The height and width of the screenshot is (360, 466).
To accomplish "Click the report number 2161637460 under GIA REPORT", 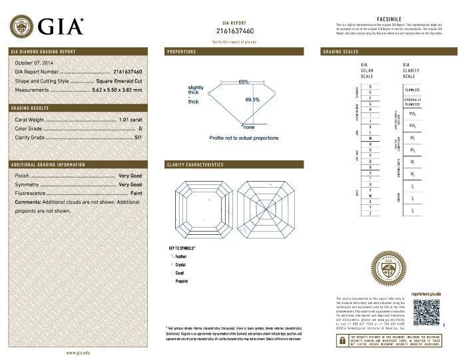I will click(x=235, y=31).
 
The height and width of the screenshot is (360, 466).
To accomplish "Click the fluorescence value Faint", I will click(x=135, y=192).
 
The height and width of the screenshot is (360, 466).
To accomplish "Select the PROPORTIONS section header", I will click(x=181, y=51).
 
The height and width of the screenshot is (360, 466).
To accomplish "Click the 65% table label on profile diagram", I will click(x=244, y=82).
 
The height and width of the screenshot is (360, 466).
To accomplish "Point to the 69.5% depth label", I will click(x=252, y=100).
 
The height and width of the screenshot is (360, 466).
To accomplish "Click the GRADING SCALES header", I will click(x=340, y=51).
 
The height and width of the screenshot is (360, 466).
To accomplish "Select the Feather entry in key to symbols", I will click(x=180, y=256).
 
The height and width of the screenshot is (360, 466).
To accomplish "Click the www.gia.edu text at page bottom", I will click(x=78, y=352).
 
